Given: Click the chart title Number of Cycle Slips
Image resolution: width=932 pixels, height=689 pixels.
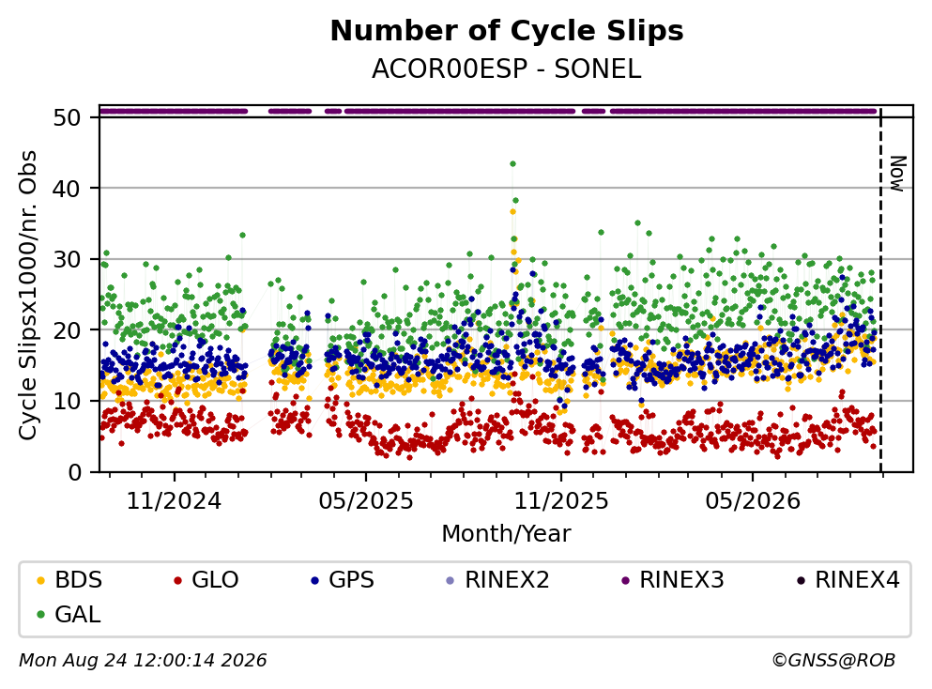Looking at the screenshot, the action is click(x=507, y=31).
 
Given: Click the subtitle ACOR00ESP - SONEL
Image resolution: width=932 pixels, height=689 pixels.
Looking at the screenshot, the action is click(x=507, y=69).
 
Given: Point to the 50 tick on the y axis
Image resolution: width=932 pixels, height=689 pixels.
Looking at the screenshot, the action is click(x=68, y=117).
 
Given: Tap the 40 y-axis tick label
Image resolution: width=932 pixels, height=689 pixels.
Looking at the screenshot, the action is click(x=68, y=189).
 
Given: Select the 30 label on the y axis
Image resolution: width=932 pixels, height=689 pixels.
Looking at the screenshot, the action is click(x=68, y=259).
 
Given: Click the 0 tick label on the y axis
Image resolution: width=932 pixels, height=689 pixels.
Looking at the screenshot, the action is click(x=75, y=472).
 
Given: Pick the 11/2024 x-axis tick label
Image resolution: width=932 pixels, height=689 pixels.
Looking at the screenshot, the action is click(x=174, y=500).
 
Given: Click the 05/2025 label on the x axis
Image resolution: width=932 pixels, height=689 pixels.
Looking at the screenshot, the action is click(x=365, y=500).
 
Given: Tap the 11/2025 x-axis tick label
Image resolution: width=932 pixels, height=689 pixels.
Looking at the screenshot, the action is click(x=561, y=500).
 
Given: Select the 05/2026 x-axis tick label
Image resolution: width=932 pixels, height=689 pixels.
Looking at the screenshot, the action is click(x=753, y=500).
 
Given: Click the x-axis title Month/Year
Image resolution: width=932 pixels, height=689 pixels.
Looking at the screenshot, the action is click(x=506, y=533).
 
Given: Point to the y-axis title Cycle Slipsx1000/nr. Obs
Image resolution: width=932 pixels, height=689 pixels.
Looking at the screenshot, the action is click(x=27, y=295).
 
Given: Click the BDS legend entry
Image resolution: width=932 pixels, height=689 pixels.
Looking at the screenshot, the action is click(x=69, y=579).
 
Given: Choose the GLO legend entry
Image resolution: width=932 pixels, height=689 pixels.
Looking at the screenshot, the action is click(x=206, y=579).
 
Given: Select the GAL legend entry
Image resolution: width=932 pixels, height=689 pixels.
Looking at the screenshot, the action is click(x=68, y=614).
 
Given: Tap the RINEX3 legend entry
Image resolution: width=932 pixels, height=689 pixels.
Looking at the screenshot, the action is click(x=672, y=579).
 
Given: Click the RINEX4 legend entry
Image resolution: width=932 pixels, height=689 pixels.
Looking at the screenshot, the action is click(x=848, y=579).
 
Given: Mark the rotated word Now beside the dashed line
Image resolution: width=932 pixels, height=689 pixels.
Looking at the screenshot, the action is click(x=897, y=174).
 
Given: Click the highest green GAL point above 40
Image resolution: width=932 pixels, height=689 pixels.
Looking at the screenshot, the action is click(x=512, y=163).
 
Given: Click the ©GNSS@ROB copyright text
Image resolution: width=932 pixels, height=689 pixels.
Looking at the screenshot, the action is click(x=833, y=660).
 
